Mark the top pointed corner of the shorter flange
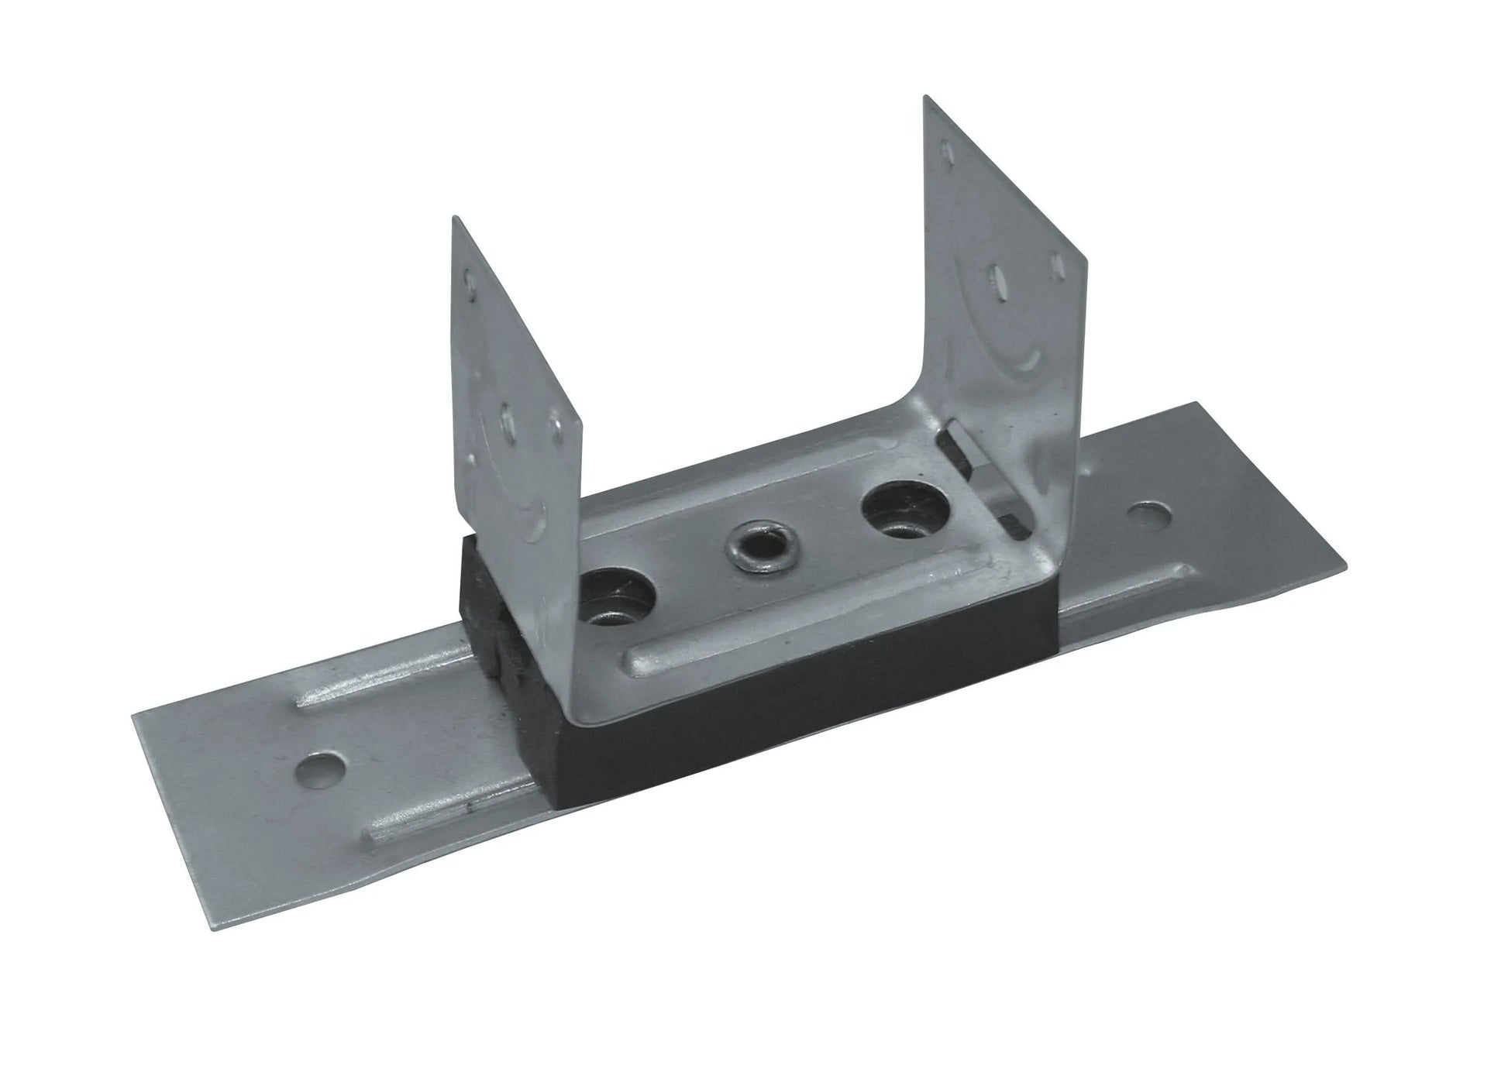453,218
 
